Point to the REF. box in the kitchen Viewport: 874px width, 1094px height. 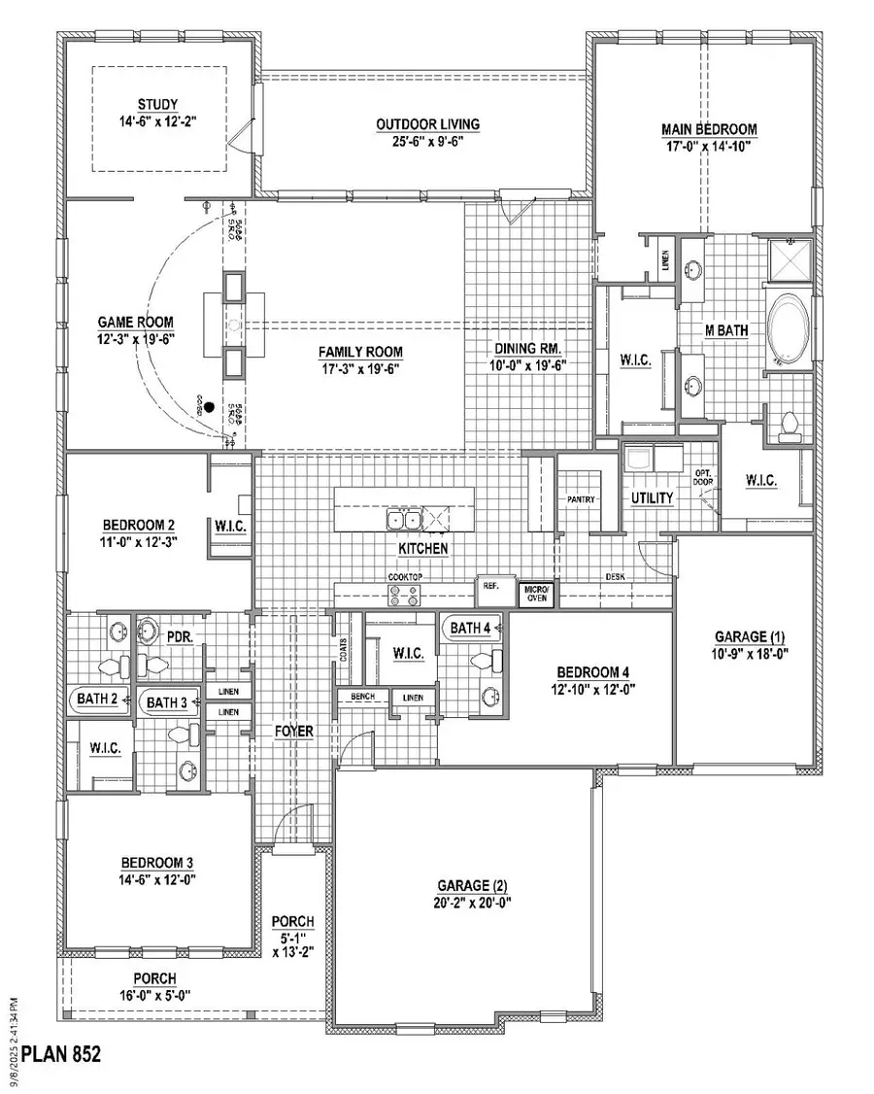[x=487, y=588]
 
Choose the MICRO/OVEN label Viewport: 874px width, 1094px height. [x=536, y=593]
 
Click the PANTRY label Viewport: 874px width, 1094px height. [x=581, y=499]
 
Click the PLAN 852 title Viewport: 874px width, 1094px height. [x=60, y=1053]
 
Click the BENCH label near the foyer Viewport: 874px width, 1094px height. [x=362, y=698]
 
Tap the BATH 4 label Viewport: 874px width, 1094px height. [x=470, y=629]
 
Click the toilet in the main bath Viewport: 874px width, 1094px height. [x=790, y=424]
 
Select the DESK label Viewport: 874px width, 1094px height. [x=616, y=576]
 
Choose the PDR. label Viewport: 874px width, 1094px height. [x=178, y=637]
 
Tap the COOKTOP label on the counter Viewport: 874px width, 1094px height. [x=405, y=577]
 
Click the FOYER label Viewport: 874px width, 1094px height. [x=293, y=731]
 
